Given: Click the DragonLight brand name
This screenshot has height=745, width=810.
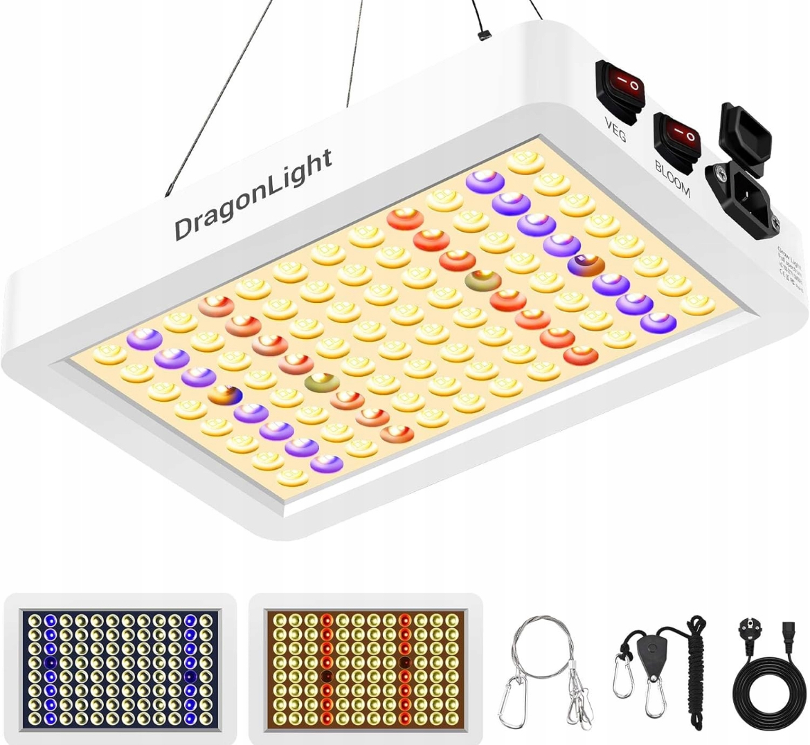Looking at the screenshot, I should click(253, 195).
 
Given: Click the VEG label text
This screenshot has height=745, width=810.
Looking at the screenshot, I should click(614, 130).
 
